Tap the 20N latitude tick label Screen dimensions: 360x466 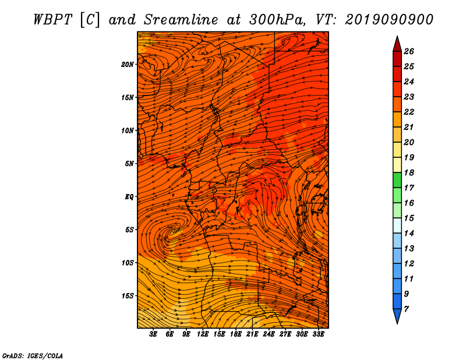[128, 64]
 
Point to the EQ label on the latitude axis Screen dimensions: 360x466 [129, 197]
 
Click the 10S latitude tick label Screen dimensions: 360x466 [128, 263]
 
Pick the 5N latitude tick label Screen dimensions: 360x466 [129, 164]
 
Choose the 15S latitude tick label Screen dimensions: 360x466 [128, 296]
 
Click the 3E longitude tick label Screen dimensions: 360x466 [154, 334]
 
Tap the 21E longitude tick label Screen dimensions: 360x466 [252, 334]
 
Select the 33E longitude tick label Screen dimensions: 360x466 [318, 334]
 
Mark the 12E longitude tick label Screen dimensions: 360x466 [203, 334]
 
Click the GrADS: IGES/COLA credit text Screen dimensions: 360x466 [33, 355]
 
